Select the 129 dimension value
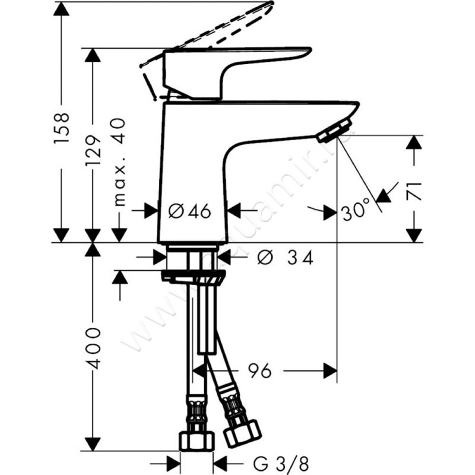pyautogui.click(x=93, y=151)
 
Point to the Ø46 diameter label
pyautogui.click(x=189, y=211)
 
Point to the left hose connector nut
pyautogui.click(x=197, y=439)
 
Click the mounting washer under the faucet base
pyautogui.click(x=194, y=275)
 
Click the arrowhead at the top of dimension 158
pyautogui.click(x=62, y=9)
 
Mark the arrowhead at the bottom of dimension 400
pyautogui.click(x=91, y=444)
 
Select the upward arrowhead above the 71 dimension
pyautogui.click(x=414, y=143)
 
